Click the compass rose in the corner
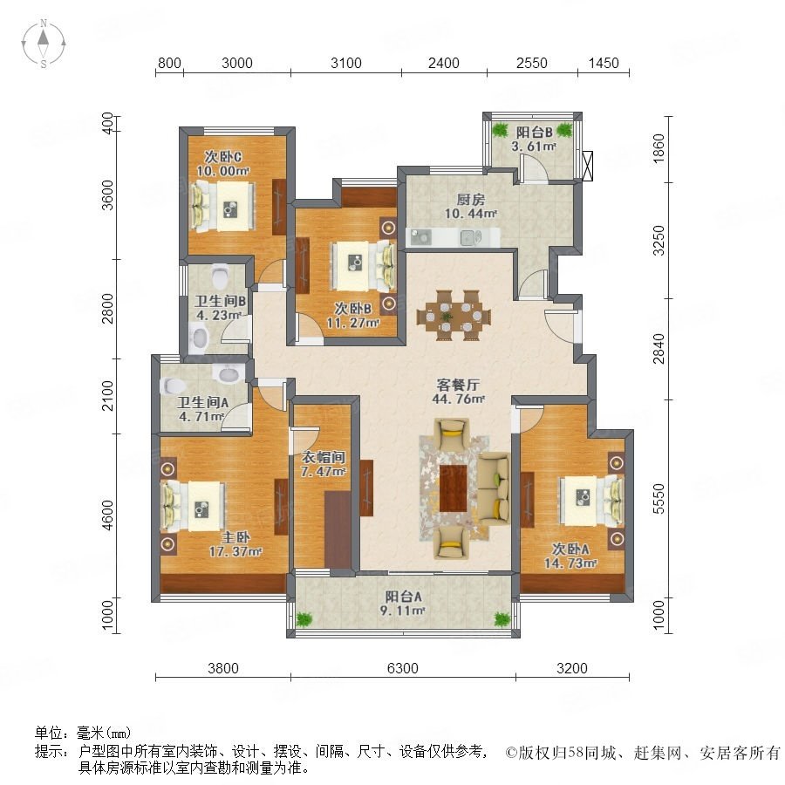[x=44, y=44]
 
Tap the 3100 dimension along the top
[x=346, y=63]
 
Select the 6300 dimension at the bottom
[x=402, y=668]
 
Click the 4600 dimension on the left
[x=107, y=515]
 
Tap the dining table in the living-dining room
[x=454, y=316]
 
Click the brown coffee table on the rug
[x=453, y=488]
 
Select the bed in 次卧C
[x=222, y=206]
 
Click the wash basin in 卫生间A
[x=228, y=373]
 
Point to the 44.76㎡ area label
[x=458, y=399]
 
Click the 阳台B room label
[x=534, y=133]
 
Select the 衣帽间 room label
[x=324, y=457]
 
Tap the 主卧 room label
[x=235, y=537]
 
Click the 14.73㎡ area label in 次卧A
[x=570, y=563]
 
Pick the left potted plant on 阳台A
[x=304, y=620]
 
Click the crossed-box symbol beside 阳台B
[x=588, y=165]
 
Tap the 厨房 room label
[x=471, y=200]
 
